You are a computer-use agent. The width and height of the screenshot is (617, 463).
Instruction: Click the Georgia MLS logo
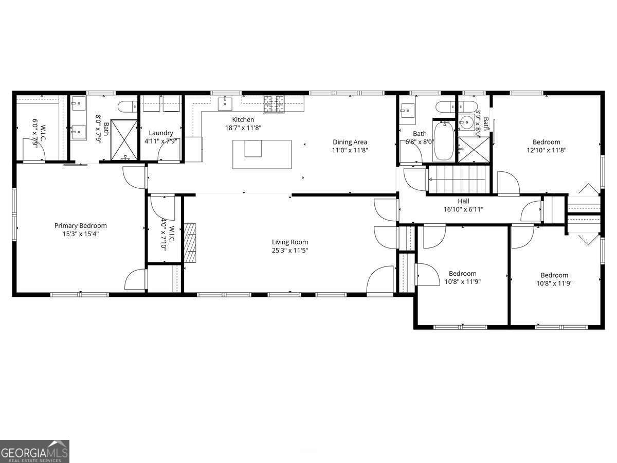[34, 451]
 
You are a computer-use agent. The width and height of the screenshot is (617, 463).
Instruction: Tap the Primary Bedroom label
[81, 225]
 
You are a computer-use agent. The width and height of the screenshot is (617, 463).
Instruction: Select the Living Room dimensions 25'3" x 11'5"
[290, 251]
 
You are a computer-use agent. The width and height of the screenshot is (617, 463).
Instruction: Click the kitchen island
[262, 154]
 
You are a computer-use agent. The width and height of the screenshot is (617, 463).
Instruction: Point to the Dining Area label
[350, 142]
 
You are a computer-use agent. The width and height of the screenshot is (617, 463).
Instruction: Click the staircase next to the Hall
[458, 179]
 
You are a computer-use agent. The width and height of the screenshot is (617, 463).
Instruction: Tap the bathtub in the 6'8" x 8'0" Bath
[443, 141]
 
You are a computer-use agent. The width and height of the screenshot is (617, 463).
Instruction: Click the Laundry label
[161, 133]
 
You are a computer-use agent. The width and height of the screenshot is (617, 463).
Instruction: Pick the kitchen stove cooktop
[274, 104]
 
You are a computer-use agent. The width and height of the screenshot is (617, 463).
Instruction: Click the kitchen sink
[226, 104]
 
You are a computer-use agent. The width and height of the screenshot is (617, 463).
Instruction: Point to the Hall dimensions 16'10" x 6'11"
[463, 209]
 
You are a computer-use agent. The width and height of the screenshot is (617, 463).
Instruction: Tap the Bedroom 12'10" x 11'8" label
[546, 142]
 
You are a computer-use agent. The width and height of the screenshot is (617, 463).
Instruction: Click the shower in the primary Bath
[123, 137]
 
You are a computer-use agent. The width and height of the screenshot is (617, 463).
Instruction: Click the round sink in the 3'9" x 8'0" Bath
[466, 123]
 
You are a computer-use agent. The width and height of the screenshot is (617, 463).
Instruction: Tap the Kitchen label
[243, 119]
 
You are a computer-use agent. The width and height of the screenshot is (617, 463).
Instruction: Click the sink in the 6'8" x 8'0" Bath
[407, 110]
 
